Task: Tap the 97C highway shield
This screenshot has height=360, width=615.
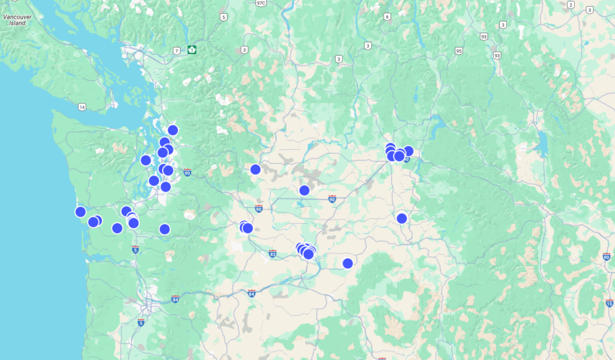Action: click(x=261, y=3)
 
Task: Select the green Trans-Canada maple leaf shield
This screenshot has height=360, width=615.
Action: click(x=192, y=49)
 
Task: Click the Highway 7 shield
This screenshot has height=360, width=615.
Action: click(x=177, y=50)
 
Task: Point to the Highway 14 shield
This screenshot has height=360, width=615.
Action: click(x=82, y=107)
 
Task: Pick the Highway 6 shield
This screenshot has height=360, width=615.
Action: click(x=387, y=17)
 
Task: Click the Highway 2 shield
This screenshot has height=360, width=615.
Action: click(x=571, y=4)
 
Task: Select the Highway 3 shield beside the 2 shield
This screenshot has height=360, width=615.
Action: click(x=591, y=10)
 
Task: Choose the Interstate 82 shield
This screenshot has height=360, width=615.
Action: click(x=273, y=254)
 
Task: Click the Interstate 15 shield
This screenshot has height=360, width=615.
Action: click(x=610, y=304)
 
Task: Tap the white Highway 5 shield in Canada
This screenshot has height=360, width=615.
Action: click(x=224, y=17)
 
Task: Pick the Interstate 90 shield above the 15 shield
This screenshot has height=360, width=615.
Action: click(x=606, y=257)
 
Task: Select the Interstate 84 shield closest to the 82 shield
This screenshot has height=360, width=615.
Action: click(x=251, y=293)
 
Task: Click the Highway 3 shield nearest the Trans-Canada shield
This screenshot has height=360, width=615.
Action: click(x=245, y=50)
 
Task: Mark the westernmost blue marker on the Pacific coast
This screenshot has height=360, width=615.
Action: click(x=80, y=212)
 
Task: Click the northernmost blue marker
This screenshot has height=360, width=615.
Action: click(x=173, y=130)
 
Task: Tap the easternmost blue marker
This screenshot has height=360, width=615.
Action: click(x=408, y=151)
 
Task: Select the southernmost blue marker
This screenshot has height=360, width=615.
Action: click(x=348, y=263)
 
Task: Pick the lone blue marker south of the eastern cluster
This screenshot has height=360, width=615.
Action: click(x=402, y=218)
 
